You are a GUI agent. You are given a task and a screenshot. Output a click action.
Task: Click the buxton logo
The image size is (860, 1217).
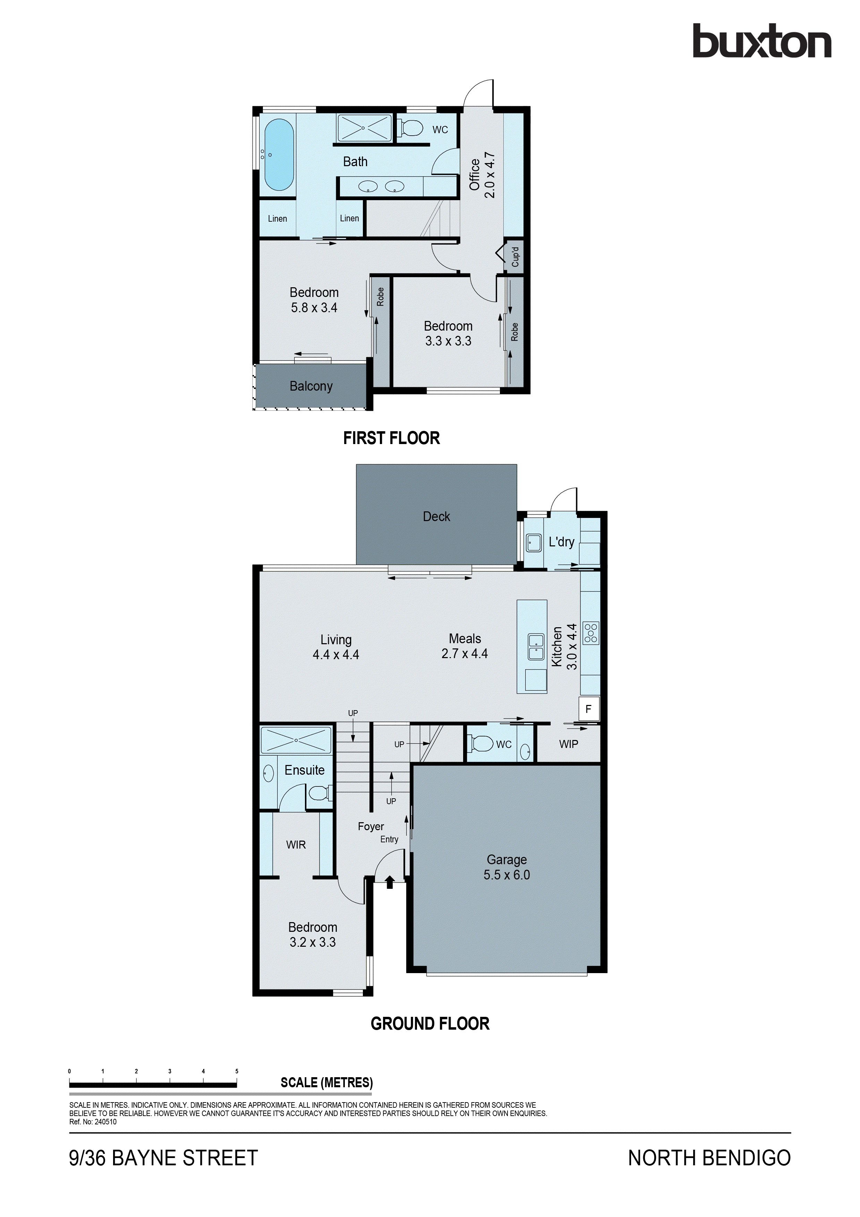tap(761, 41)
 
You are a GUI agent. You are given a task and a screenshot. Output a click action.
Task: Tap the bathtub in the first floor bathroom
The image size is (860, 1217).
tap(279, 154)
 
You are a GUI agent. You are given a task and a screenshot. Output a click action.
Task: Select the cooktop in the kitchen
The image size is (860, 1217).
tap(590, 633)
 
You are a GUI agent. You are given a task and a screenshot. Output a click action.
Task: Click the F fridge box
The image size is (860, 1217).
tap(588, 709)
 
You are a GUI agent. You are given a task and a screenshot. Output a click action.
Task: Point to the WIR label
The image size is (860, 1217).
tap(296, 845)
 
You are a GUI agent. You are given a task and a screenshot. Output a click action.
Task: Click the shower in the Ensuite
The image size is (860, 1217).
tap(296, 740)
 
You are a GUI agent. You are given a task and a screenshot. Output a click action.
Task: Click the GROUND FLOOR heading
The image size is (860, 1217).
tap(430, 1023)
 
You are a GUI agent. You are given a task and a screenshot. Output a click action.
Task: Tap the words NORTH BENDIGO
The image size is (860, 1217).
tap(709, 1158)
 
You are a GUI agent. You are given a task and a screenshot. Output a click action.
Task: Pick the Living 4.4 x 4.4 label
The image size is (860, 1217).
tap(335, 647)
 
